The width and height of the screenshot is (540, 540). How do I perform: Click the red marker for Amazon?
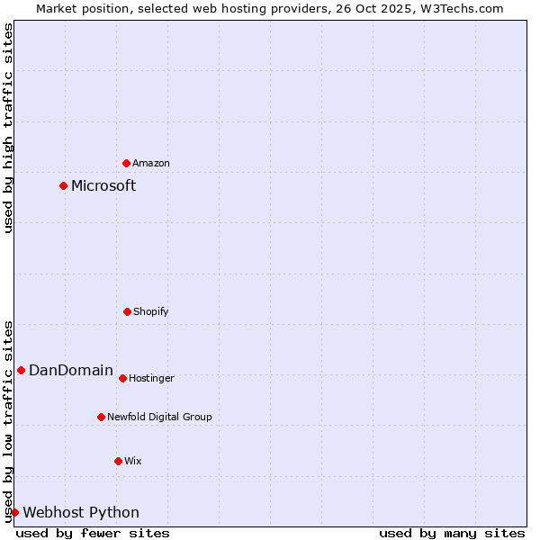tap(126, 163)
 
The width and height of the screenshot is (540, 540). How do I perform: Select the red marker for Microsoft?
tap(63, 185)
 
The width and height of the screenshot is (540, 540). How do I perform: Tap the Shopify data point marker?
tap(127, 311)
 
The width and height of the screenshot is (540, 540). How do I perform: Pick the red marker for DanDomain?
tap(21, 370)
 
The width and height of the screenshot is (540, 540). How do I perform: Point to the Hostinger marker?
tap(122, 378)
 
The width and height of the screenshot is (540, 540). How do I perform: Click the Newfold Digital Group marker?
tap(101, 417)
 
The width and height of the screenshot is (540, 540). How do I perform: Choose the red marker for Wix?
tap(118, 461)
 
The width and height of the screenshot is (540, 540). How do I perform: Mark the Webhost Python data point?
tap(14, 512)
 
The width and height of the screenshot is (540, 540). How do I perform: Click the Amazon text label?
tap(151, 163)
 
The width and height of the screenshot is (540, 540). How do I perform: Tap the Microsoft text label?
tap(103, 185)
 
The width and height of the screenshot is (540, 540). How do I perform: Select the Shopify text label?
tap(151, 311)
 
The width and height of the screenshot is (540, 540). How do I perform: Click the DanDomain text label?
tap(71, 370)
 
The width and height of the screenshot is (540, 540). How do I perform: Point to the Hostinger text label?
tap(151, 378)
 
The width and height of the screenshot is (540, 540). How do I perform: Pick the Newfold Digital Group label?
tap(159, 417)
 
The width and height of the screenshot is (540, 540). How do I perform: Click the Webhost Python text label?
tap(81, 512)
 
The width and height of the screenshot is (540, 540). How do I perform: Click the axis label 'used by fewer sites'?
tap(93, 533)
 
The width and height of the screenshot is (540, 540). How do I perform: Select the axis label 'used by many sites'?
tap(452, 533)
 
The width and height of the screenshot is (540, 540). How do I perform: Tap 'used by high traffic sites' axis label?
tap(8, 128)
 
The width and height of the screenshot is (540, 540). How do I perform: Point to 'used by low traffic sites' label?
tap(8, 421)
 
